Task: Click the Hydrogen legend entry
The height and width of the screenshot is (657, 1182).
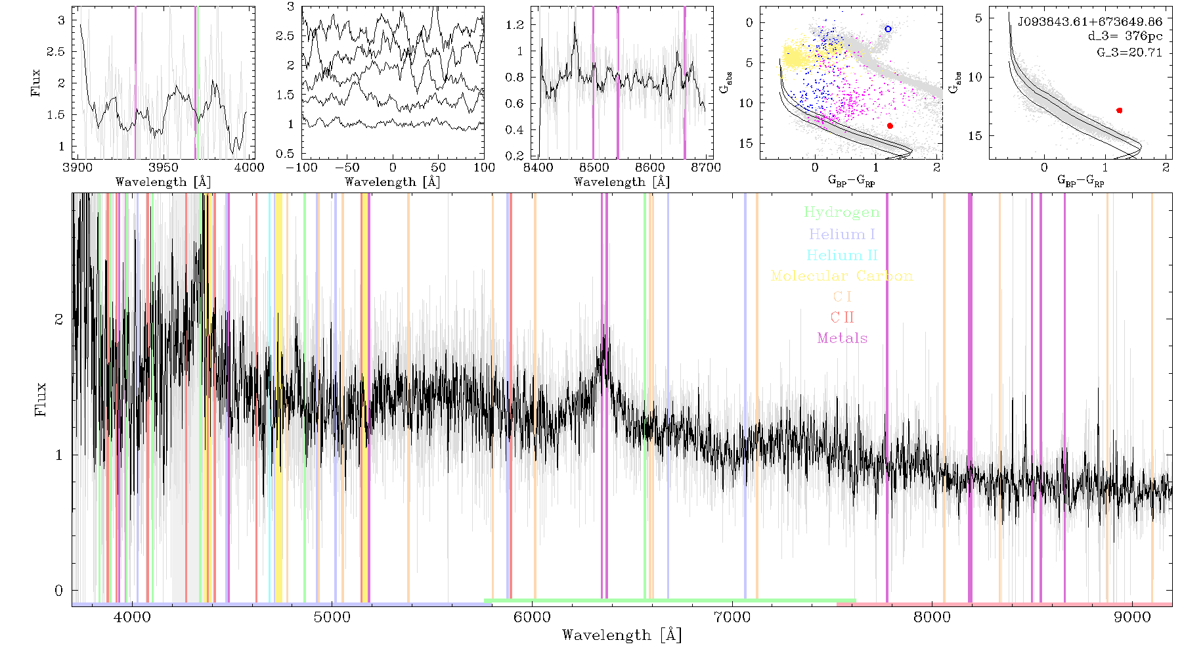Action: pos(841,213)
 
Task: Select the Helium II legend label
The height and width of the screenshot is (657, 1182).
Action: pos(842,255)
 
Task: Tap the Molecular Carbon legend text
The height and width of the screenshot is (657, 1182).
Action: pos(842,276)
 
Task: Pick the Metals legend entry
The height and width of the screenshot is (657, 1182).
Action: pos(842,338)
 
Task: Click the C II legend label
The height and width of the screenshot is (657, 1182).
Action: pos(842,317)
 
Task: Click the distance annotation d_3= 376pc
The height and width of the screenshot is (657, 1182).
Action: pos(1125,37)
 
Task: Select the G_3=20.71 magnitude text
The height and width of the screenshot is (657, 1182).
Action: pos(1129,52)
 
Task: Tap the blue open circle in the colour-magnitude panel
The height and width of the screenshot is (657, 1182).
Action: pos(888,29)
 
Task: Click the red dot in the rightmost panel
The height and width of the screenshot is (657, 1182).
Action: pos(1119,110)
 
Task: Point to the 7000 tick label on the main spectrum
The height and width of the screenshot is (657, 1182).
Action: pos(732,617)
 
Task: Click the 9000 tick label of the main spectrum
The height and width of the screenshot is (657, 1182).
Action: pos(1131,617)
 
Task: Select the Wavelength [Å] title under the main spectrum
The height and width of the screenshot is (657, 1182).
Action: pos(621,635)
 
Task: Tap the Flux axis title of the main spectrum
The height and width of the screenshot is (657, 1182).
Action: pos(41,398)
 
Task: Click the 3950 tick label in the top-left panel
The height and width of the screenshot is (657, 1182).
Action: pos(164,168)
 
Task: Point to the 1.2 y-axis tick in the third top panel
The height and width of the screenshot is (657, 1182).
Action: pos(515,25)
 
